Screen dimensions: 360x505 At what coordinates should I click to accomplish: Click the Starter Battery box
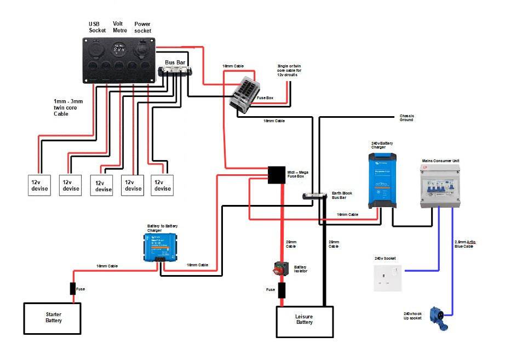pos(54,317)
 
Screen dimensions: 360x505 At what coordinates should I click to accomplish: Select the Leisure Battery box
pos(304,322)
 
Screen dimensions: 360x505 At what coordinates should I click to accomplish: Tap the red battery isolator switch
pos(281,267)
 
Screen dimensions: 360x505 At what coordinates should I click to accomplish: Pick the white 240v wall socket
pos(387,278)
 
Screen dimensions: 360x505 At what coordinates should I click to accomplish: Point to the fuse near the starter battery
pos(72,288)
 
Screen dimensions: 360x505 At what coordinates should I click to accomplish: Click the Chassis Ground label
pos(406,117)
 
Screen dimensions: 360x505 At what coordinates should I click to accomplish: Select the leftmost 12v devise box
pos(39,185)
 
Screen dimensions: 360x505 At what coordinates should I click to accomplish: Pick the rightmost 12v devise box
pos(162,185)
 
